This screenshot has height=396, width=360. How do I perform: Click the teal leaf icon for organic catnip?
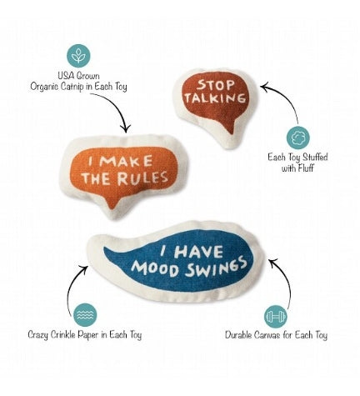click(78, 56)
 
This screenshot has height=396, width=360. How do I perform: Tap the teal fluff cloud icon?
click(298, 138)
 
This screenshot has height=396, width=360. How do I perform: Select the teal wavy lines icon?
click(85, 315)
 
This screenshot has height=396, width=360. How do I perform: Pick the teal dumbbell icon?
click(275, 317)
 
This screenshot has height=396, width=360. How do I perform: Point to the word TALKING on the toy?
click(215, 98)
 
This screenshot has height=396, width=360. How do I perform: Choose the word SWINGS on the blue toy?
click(216, 267)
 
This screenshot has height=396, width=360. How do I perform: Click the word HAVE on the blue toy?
click(198, 252)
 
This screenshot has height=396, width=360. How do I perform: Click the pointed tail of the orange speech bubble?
click(112, 207)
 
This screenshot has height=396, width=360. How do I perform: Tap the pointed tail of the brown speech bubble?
click(230, 131)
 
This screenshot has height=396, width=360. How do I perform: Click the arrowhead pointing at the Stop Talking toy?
click(264, 87)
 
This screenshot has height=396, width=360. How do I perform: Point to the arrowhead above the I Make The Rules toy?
click(127, 129)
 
